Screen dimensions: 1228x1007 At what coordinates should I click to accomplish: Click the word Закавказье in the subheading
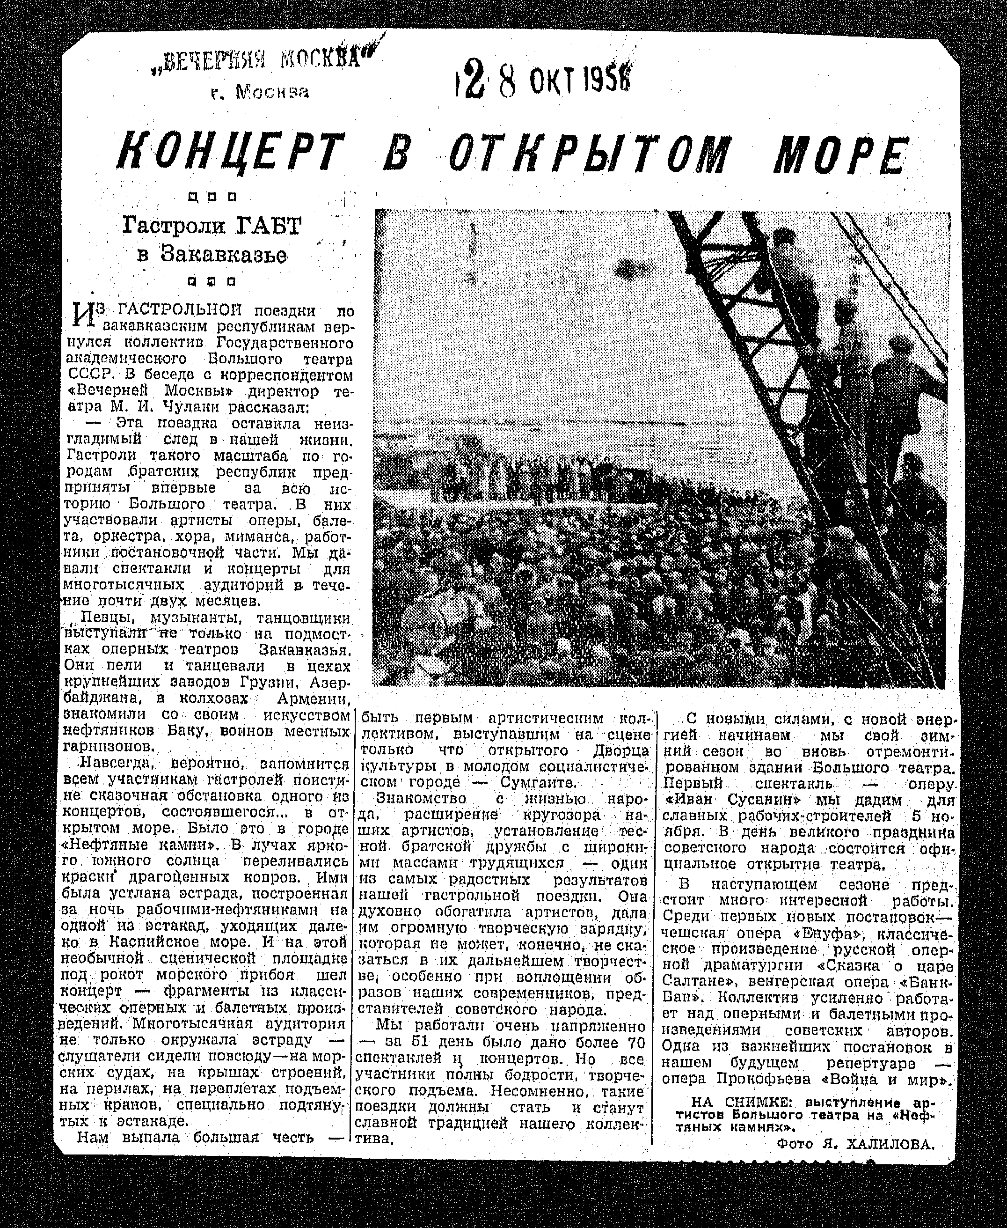223,255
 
